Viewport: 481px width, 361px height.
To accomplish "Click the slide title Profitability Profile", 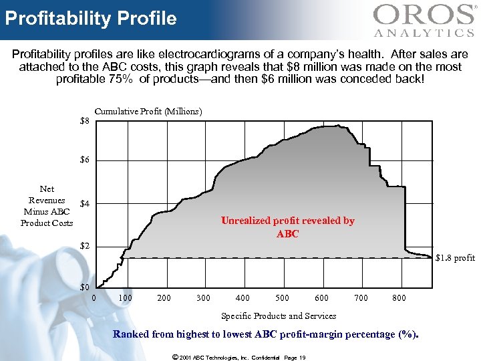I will point(91,18).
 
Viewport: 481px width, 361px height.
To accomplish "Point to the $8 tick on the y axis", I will point(84,122).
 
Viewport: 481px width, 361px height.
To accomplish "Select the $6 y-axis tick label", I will point(84,160).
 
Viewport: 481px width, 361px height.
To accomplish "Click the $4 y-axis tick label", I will point(84,203).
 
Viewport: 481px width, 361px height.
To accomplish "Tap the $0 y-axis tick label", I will point(84,287).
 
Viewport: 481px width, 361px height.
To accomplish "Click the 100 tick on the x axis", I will point(124,297).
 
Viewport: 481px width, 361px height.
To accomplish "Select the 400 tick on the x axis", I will point(243,297).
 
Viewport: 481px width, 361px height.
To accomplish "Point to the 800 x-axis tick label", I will point(399,297).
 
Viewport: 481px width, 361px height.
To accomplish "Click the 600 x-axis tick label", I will point(322,297).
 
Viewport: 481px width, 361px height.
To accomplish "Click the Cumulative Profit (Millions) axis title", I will point(148,111).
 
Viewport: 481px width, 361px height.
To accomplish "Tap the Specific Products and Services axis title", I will point(279,316).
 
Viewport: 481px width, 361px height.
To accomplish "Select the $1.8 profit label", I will point(455,257).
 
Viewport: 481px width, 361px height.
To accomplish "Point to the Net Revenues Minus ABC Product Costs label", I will point(47,206).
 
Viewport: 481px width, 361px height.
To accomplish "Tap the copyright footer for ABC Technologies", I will point(238,358).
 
